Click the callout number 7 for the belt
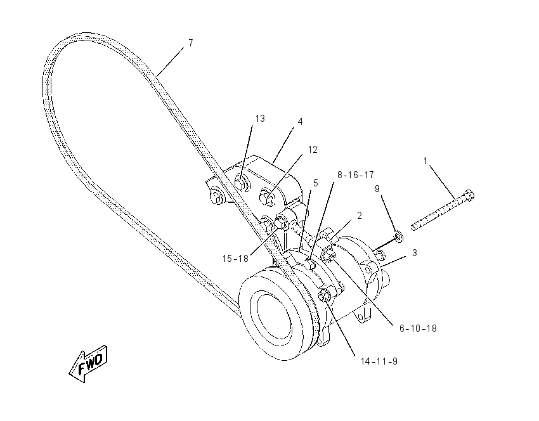tap(191, 43)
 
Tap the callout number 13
tap(260, 119)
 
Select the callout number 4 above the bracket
tap(300, 122)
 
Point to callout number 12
tap(313, 150)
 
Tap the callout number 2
tap(360, 216)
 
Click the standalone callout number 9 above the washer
tap(377, 189)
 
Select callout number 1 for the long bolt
tap(425, 161)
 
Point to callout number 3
tap(415, 253)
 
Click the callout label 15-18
tap(235, 259)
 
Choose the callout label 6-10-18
tap(418, 328)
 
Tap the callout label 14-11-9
tap(379, 361)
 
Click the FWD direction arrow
tap(88, 364)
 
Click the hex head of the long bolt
tap(469, 195)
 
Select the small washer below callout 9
tap(398, 236)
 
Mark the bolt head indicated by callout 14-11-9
tap(325, 295)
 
